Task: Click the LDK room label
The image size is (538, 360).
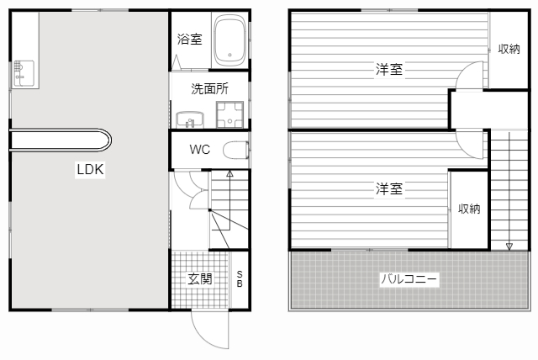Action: click(90, 169)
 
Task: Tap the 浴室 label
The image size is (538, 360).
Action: click(190, 40)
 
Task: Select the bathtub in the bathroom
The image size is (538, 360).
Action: click(229, 40)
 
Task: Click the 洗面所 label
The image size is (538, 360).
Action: click(209, 89)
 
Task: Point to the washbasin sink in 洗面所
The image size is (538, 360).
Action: click(190, 119)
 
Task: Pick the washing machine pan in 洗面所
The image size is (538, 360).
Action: click(229, 114)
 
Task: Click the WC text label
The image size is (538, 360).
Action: click(200, 149)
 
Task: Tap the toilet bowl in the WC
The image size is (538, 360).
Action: click(236, 150)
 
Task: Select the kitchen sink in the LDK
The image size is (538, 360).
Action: click(24, 74)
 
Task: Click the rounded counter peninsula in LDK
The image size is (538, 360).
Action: click(61, 140)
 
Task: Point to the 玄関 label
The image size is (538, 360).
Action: click(200, 279)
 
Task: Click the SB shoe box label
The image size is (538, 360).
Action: click(240, 279)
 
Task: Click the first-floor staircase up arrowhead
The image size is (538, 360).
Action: click(229, 173)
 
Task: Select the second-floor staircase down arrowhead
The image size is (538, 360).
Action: click(509, 246)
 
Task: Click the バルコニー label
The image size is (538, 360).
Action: click(409, 278)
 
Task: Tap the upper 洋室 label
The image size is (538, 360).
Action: click(388, 70)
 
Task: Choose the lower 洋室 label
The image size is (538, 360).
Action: click(388, 188)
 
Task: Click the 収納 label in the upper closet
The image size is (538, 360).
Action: click(509, 49)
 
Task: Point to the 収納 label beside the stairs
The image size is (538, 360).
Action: click(469, 209)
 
